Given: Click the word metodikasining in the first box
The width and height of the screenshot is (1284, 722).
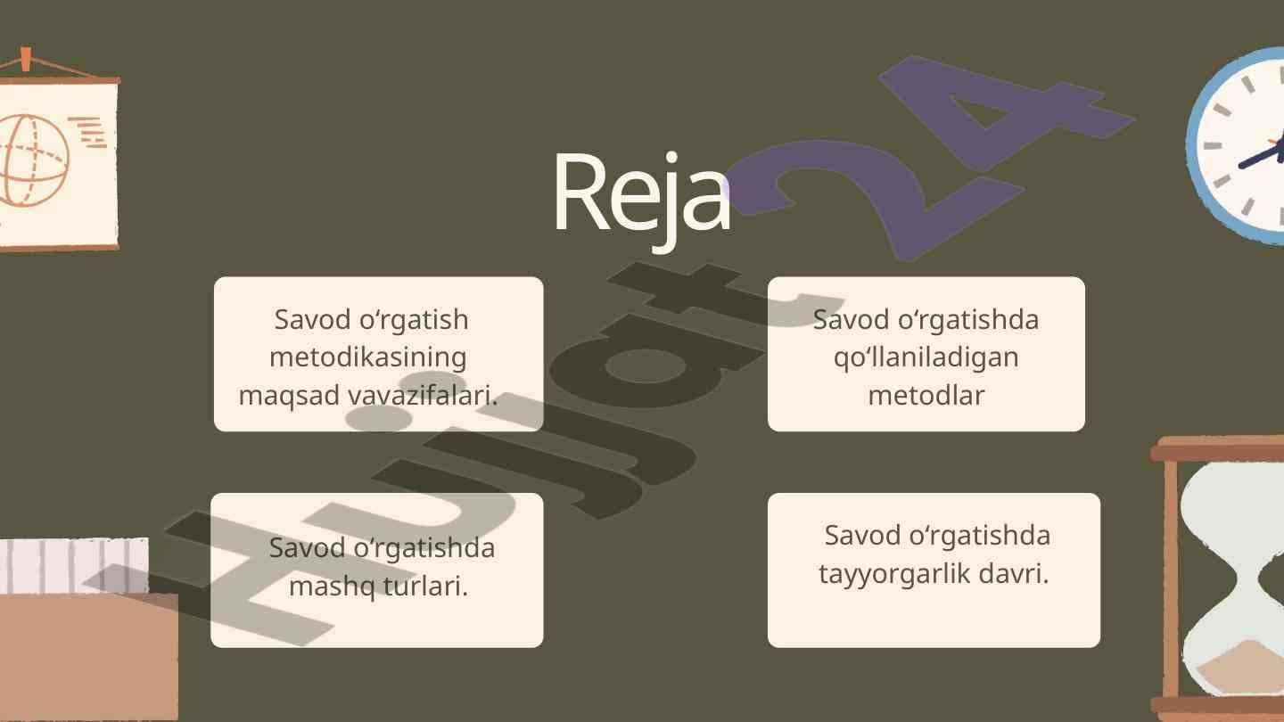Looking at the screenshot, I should pos(367,357).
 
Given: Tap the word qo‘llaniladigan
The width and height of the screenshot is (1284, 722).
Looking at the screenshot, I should pos(926,357).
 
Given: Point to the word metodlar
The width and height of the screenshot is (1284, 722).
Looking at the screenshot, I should pos(926,395).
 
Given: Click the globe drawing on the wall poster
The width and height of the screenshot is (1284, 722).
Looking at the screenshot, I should pos(34,160).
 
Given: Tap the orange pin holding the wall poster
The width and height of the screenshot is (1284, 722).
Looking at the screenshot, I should pos(25,59).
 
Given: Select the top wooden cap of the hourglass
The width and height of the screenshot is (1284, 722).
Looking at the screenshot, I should pos(1217,450).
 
